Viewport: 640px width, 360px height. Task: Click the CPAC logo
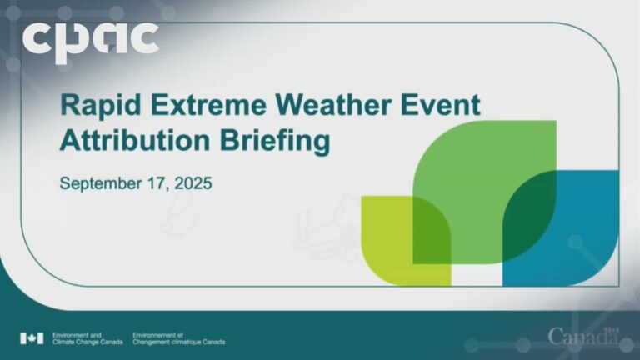click(90, 38)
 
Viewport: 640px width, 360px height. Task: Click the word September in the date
click(97, 182)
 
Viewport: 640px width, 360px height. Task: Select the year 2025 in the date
click(192, 182)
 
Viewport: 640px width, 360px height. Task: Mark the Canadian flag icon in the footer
click(32, 338)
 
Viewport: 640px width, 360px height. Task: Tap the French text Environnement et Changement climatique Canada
click(177, 338)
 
